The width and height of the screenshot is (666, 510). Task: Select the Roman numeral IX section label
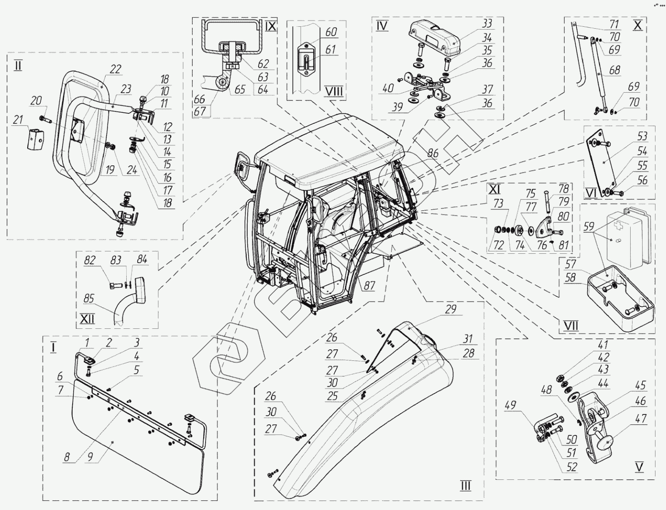tap(270, 26)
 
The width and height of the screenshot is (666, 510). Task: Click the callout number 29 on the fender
tap(450, 310)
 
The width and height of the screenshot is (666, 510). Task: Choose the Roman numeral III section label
tap(465, 486)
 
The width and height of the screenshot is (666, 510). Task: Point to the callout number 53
tap(642, 137)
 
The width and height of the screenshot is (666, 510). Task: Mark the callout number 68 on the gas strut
tap(614, 70)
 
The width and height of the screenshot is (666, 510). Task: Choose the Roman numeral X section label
tap(638, 26)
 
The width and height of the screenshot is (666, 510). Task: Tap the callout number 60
tap(331, 33)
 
